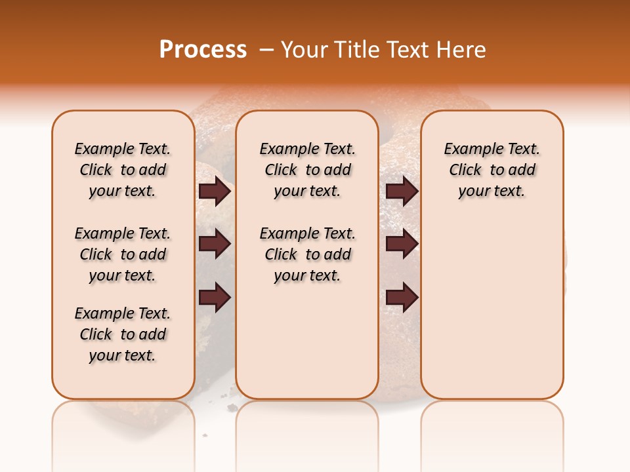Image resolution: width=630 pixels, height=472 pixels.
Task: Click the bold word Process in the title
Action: click(x=203, y=50)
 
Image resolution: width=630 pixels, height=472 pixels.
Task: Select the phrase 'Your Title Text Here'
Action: click(x=383, y=50)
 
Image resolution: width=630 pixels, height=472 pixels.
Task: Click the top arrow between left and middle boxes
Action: click(x=215, y=191)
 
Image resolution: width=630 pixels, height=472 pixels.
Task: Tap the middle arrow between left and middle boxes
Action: click(x=215, y=245)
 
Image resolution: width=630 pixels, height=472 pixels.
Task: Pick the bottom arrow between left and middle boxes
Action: click(x=215, y=298)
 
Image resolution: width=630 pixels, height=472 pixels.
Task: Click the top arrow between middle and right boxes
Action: click(x=402, y=191)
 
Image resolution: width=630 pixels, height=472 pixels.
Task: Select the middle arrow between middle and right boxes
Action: click(x=402, y=245)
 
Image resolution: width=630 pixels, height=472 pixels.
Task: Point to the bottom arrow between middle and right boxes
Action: click(x=402, y=298)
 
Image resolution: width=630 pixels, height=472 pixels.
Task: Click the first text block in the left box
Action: click(x=123, y=170)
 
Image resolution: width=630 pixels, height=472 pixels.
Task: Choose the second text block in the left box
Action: click(x=123, y=254)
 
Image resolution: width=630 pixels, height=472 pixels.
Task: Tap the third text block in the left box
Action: click(x=123, y=334)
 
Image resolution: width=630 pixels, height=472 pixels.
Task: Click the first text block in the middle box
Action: click(x=307, y=170)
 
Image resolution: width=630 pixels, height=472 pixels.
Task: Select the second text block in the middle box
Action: click(x=307, y=254)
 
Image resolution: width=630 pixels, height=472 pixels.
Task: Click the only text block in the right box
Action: click(x=492, y=170)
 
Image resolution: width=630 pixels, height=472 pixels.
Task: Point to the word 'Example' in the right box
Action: click(x=468, y=149)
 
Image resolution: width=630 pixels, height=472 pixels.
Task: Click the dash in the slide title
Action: click(x=266, y=50)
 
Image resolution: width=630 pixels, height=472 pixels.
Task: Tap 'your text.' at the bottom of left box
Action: click(x=123, y=355)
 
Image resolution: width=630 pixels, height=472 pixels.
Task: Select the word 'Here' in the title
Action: click(x=463, y=50)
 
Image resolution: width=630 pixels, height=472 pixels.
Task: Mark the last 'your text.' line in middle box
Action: click(x=307, y=275)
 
